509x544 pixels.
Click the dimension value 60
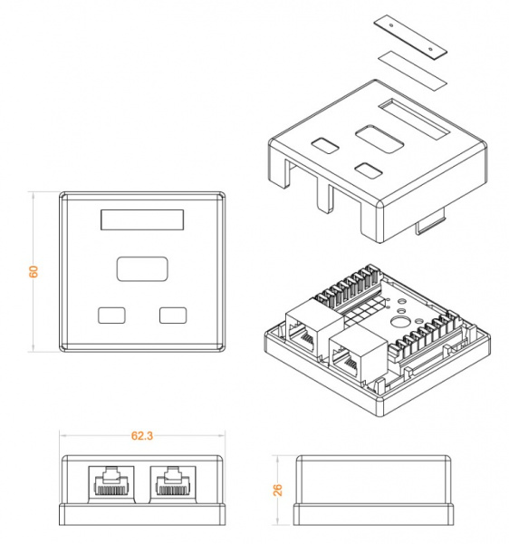[34, 271]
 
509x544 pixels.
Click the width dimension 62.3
[142, 436]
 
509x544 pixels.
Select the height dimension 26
[277, 490]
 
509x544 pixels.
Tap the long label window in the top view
[142, 219]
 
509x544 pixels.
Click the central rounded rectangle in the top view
[142, 269]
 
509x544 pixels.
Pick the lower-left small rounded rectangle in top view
[111, 316]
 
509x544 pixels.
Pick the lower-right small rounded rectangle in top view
[173, 316]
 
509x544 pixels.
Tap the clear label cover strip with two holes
[410, 37]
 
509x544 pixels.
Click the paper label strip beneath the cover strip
[412, 70]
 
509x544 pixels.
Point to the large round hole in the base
[399, 322]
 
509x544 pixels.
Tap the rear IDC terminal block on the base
[348, 287]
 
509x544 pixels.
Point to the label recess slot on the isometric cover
[414, 119]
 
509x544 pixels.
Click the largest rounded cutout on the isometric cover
[379, 139]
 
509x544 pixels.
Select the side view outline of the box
[373, 491]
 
